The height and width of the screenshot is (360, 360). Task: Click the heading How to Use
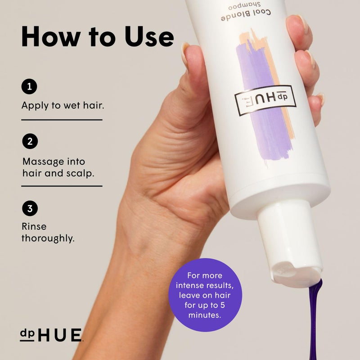(97, 36)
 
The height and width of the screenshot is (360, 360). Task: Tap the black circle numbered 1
(29, 86)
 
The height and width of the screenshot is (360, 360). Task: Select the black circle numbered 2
(29, 142)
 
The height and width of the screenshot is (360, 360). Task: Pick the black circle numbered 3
(29, 208)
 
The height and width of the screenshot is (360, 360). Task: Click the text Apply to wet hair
(59, 106)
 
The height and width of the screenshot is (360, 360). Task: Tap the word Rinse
(34, 227)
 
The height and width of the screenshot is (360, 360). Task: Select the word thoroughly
(48, 238)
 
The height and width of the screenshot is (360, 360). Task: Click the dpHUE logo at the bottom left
(51, 335)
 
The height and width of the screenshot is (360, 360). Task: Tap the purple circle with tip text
(205, 295)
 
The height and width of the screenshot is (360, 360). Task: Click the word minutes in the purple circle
(205, 315)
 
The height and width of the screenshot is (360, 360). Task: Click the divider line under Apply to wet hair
(62, 120)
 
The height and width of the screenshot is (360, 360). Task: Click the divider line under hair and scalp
(62, 186)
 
